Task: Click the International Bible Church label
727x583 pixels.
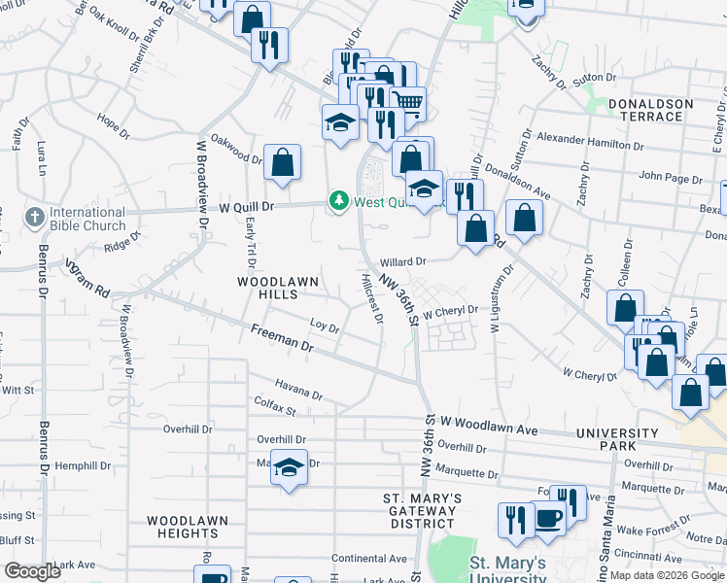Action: [87, 220]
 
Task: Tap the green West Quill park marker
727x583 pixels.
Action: [339, 201]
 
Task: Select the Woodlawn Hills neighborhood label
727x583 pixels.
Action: [278, 288]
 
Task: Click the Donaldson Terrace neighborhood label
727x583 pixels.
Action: [650, 110]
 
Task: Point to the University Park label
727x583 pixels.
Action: [617, 439]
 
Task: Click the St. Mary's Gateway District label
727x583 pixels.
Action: [422, 510]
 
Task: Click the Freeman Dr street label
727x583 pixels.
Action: [282, 340]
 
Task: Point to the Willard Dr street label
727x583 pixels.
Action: [403, 262]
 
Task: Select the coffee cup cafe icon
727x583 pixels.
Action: [548, 517]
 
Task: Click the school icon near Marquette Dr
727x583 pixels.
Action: [289, 467]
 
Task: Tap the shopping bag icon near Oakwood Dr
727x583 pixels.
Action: [282, 162]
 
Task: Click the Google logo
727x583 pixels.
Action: [32, 571]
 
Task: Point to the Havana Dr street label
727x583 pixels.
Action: [298, 390]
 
